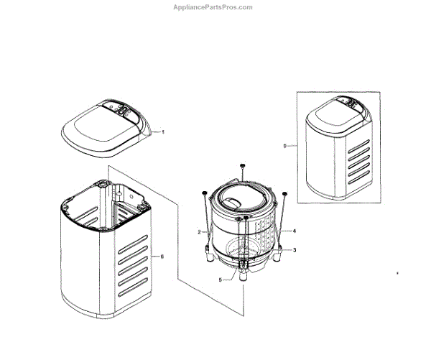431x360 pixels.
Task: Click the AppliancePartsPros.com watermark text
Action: click(x=213, y=7)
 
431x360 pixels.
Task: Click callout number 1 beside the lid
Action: click(x=163, y=132)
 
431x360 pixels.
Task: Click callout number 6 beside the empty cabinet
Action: click(x=162, y=257)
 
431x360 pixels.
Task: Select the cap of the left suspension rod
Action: click(x=205, y=192)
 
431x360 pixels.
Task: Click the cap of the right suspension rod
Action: click(x=285, y=193)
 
